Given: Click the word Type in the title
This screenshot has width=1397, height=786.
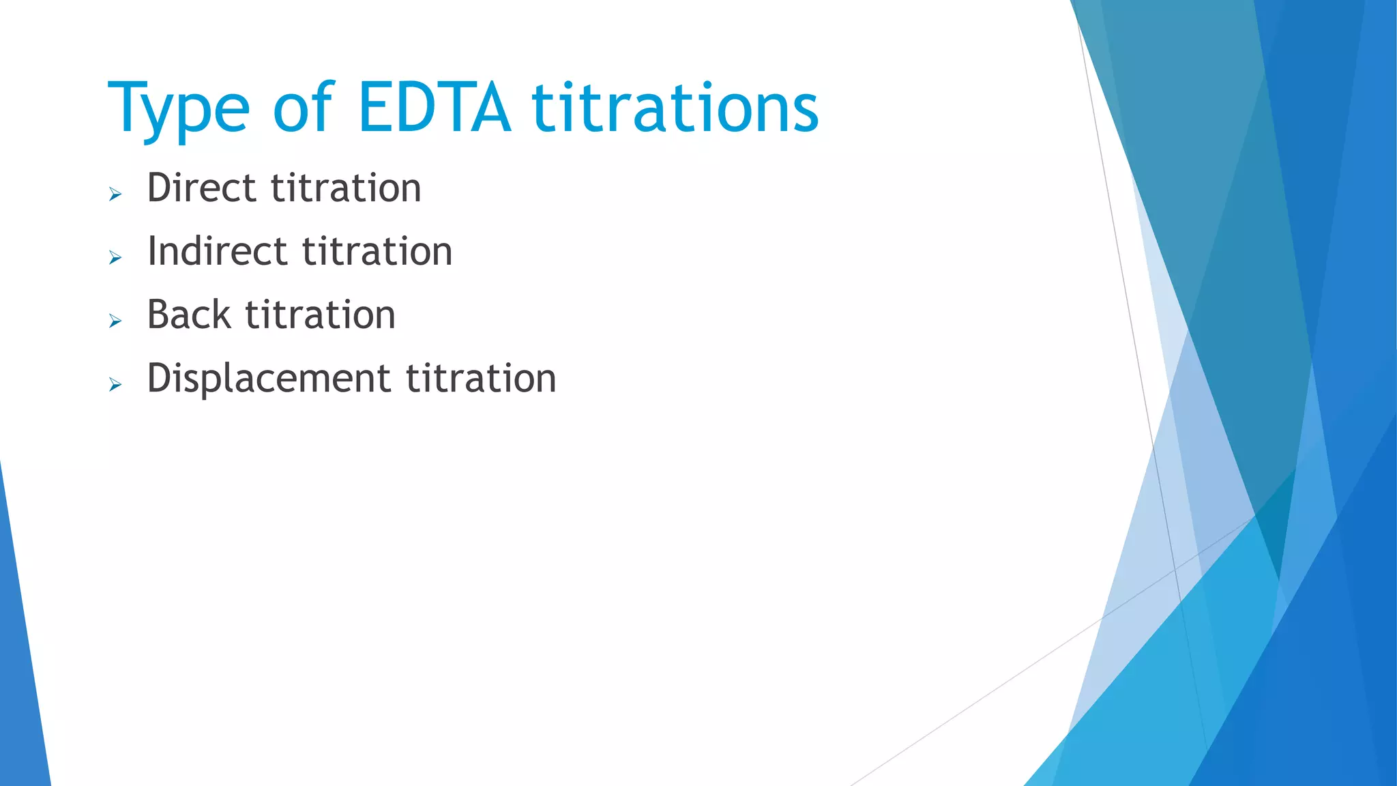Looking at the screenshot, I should (x=179, y=109).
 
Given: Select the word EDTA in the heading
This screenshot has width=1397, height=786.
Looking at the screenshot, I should (x=434, y=108).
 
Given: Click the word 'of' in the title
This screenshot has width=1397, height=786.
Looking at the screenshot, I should (x=302, y=108).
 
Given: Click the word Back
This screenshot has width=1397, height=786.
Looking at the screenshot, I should (x=189, y=315).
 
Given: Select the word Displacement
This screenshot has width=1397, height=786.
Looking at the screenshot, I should (x=269, y=379).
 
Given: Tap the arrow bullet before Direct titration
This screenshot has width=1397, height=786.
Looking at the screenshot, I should (x=115, y=195).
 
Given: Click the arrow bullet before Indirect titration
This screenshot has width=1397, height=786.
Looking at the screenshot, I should (x=115, y=258).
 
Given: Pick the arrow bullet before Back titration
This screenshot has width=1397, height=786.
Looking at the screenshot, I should (x=115, y=321).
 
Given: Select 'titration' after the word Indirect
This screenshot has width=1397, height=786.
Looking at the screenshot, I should (x=377, y=251).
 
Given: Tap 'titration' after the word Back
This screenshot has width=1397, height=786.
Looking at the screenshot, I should (x=320, y=315).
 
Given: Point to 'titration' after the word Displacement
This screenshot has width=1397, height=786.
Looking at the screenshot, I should (x=481, y=379).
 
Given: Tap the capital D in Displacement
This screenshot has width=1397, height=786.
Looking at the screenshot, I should (x=158, y=378).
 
